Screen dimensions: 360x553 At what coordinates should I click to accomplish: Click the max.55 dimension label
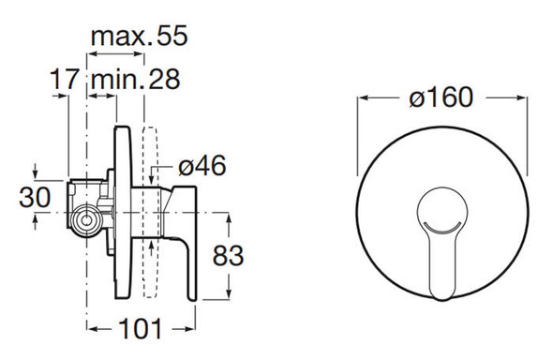[139, 37]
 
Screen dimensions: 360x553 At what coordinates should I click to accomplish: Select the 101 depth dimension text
[141, 329]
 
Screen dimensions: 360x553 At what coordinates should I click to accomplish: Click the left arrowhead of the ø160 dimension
[363, 97]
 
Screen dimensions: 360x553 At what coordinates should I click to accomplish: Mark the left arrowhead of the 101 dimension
[91, 328]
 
